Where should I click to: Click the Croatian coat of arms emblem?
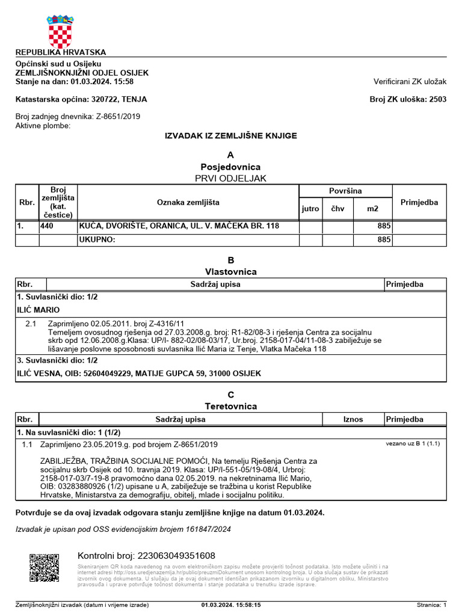[60, 31]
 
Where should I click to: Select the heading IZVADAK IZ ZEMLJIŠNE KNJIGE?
[230, 136]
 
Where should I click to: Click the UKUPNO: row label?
[97, 240]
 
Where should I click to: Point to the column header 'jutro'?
[310, 209]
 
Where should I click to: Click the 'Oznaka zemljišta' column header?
[188, 202]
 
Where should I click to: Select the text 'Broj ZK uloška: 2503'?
[408, 99]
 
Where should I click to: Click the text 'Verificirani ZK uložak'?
[410, 81]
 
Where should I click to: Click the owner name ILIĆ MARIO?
[37, 310]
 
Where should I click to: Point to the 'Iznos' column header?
[353, 419]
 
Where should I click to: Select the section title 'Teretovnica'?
[230, 406]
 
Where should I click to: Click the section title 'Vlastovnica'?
[230, 271]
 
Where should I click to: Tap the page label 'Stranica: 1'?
[431, 605]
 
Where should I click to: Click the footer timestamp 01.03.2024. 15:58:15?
[231, 605]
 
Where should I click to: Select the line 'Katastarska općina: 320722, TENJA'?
[81, 99]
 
